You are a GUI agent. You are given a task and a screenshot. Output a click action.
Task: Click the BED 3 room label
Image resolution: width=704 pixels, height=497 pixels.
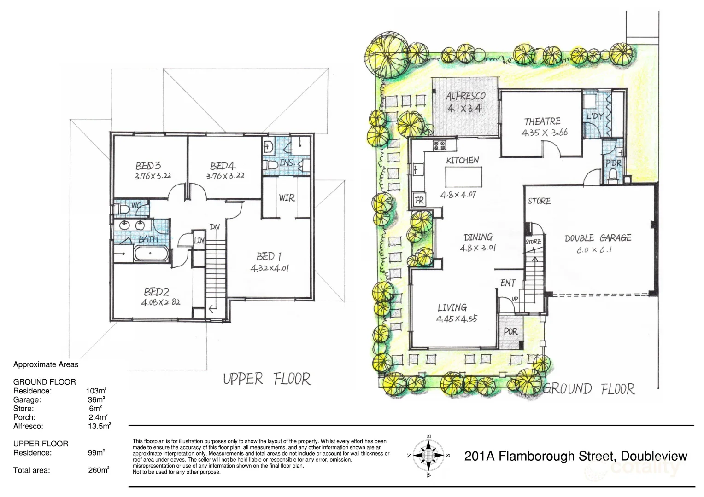coord(148,166)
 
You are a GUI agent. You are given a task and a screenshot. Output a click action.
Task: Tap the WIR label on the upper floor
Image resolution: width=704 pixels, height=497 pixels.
coord(287,198)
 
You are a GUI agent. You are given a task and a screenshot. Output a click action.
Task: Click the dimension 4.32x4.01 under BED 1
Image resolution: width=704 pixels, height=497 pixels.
coord(270,268)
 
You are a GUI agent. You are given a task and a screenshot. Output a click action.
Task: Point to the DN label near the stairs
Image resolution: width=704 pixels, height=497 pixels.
coord(215,227)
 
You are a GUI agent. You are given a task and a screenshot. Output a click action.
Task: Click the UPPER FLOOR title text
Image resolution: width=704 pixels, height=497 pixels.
coord(267,379)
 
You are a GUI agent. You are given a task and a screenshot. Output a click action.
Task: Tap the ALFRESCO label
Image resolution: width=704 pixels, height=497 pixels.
coord(465,96)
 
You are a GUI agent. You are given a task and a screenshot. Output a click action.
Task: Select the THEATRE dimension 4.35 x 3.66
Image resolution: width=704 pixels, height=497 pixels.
coord(544,133)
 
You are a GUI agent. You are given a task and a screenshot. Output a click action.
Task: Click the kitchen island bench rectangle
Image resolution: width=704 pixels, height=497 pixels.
coord(463,176)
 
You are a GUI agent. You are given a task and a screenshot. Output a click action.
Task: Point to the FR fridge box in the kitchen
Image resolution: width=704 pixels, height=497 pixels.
coord(419,200)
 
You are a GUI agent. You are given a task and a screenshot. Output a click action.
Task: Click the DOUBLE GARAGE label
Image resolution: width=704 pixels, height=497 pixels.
coord(598,238)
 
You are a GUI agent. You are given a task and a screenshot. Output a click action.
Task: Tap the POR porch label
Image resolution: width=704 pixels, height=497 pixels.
coord(510,331)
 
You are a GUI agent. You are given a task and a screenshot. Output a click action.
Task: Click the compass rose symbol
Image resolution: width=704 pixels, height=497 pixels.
coord(428,455)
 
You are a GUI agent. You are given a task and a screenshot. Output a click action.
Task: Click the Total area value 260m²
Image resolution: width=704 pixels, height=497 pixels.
coord(98,470)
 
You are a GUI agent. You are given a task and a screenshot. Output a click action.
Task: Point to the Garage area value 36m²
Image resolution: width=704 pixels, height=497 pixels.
coord(96,399)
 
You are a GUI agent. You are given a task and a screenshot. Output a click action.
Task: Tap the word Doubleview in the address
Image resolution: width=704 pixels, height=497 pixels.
coord(654,456)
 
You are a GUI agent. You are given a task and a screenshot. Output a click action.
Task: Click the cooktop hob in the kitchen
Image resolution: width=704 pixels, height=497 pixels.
coord(439,145)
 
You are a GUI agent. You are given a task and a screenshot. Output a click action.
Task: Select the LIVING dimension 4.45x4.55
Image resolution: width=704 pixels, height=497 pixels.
coord(456,318)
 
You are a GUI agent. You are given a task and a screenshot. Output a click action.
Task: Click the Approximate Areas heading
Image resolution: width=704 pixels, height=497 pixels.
coord(46,364)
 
